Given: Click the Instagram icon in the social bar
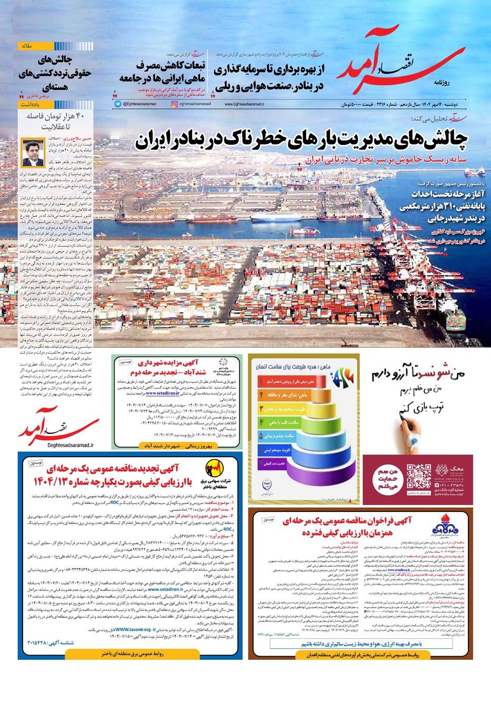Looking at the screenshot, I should pos(175,105).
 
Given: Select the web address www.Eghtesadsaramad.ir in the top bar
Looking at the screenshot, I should pos(245,105).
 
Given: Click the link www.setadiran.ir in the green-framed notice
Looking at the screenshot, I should pos(163,393).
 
